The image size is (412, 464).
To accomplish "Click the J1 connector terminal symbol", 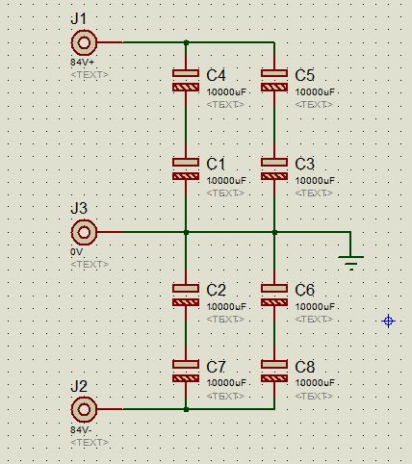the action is (84, 42).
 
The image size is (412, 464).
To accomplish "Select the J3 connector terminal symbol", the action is (84, 232).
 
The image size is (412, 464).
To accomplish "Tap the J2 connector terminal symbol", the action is (84, 409).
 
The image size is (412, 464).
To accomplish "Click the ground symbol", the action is (351, 263).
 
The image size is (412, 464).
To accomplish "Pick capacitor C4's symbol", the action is (186, 80).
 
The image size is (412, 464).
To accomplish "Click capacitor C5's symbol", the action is (274, 80).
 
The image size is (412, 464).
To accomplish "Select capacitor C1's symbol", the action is (186, 169).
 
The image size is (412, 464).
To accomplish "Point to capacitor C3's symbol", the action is (274, 169).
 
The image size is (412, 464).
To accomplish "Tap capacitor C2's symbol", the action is (186, 296).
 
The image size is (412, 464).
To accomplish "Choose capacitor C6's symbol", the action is (274, 296).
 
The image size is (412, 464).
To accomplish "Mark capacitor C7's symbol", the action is (186, 372).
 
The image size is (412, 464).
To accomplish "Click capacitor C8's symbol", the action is (274, 372).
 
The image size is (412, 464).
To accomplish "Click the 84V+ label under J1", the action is (83, 62).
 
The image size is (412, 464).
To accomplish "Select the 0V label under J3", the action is (77, 252).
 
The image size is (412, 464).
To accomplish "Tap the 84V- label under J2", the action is (81, 429).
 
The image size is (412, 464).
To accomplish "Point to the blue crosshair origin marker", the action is (388, 321).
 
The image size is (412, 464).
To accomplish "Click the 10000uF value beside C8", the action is (315, 383).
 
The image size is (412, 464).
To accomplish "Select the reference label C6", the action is (304, 290).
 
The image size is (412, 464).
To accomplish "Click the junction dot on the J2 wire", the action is (186, 409).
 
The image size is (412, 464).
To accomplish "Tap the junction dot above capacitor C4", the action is (186, 42).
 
